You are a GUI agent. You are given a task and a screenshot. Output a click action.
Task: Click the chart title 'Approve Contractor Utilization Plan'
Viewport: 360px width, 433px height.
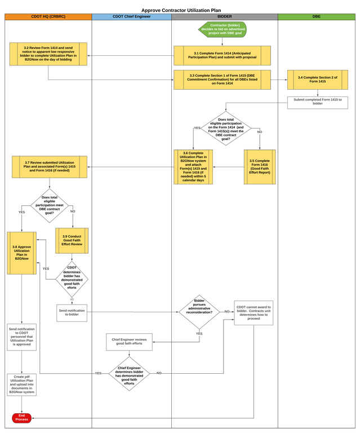click(181, 10)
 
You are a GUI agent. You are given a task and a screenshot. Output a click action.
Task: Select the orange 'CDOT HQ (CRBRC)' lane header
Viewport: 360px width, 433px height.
click(48, 17)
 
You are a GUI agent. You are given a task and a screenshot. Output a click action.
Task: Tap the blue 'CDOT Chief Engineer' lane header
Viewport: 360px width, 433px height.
click(131, 17)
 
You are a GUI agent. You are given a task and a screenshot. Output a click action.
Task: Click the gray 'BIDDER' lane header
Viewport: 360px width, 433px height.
click(224, 17)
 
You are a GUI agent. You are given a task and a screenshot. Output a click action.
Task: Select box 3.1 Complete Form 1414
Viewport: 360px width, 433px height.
click(222, 55)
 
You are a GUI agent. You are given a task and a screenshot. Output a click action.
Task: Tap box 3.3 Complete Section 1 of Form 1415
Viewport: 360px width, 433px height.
click(222, 79)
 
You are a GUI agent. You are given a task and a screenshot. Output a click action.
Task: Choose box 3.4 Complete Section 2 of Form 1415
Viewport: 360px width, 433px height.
click(318, 79)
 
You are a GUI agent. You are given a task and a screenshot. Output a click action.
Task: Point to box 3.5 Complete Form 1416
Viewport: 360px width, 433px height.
click(259, 166)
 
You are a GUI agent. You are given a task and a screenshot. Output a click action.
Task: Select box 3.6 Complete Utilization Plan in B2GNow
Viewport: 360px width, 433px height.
click(193, 166)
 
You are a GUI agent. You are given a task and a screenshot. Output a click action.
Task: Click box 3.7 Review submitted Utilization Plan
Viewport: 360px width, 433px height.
click(50, 167)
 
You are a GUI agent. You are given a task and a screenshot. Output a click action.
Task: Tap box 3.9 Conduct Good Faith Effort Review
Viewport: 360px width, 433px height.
click(72, 241)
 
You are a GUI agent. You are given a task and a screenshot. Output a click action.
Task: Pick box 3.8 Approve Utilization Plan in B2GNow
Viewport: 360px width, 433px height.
click(22, 253)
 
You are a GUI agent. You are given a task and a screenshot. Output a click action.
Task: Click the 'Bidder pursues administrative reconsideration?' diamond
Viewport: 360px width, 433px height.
click(199, 311)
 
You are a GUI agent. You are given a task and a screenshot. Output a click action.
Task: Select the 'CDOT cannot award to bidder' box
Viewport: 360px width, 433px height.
click(254, 312)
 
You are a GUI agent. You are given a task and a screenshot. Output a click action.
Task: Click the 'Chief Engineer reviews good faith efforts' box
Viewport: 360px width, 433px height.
click(129, 342)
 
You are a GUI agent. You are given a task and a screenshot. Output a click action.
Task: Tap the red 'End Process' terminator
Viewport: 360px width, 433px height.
click(22, 418)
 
